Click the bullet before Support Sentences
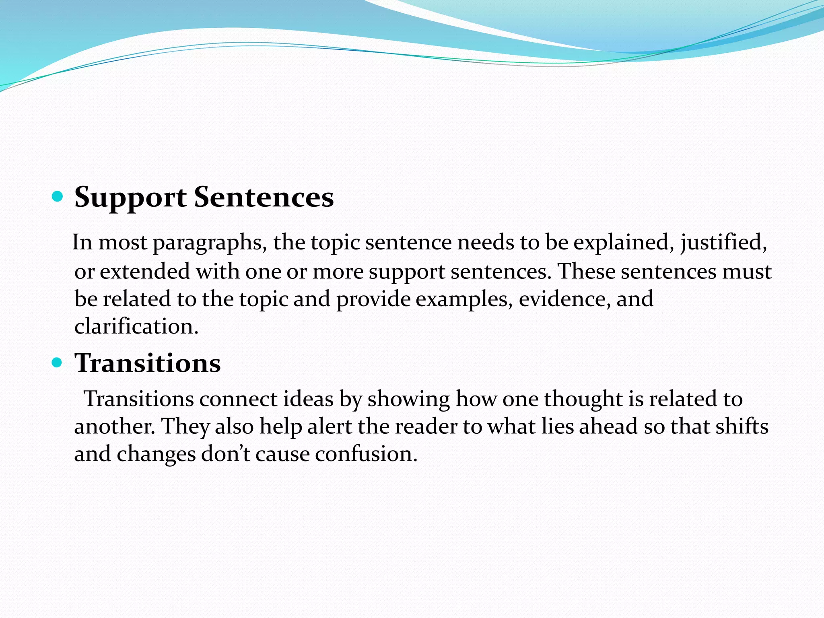point(58,197)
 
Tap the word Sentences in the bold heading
point(264,197)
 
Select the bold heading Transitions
point(148,363)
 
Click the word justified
point(723,243)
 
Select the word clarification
point(136,326)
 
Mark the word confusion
point(366,454)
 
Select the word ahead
point(608,426)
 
